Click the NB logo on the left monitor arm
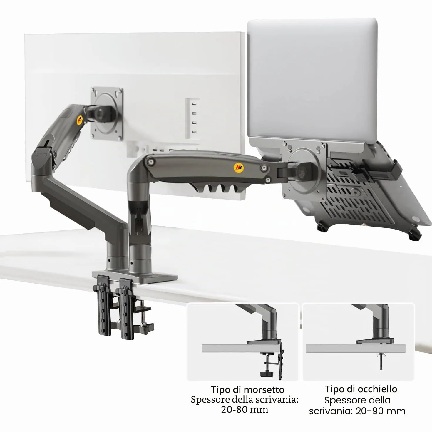click(x=80, y=120)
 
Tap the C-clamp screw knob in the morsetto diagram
click(x=267, y=374)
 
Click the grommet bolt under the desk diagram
click(x=381, y=361)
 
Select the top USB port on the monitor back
click(x=194, y=104)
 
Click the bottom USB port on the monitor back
click(x=194, y=132)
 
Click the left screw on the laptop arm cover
click(x=151, y=162)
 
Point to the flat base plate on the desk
click(x=135, y=277)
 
